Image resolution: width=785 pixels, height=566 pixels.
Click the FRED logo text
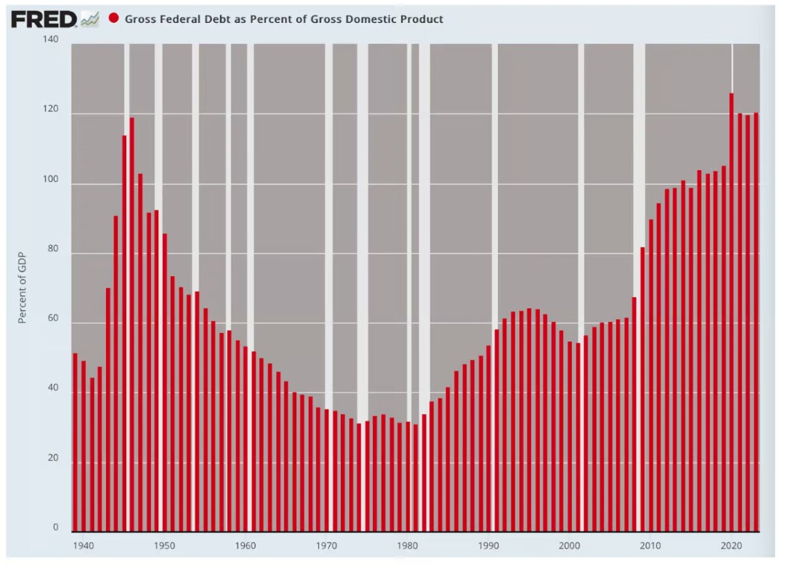tap(44, 19)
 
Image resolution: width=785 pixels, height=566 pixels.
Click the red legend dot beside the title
tap(114, 18)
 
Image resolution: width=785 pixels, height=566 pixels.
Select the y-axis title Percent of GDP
tap(22, 287)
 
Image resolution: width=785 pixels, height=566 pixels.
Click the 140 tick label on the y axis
tap(50, 39)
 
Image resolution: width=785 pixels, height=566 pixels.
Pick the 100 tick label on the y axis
tap(50, 179)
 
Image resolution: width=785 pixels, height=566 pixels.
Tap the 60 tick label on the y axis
tap(53, 318)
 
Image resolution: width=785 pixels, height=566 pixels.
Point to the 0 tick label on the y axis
tap(56, 527)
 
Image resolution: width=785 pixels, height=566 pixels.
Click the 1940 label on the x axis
tap(84, 546)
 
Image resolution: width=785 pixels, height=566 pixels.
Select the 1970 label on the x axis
tap(326, 546)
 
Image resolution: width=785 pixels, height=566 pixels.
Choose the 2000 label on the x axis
tap(570, 546)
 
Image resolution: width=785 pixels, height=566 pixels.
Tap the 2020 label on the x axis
tap(731, 546)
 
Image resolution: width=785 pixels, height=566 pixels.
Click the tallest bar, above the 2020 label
tap(731, 312)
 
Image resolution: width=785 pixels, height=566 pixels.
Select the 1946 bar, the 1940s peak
tap(131, 325)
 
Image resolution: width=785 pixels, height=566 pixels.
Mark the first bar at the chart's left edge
tap(75, 442)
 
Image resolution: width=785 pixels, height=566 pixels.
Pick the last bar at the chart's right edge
tap(756, 322)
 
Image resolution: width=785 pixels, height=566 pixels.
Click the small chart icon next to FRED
tap(90, 19)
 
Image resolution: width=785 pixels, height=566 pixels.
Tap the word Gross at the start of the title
tap(139, 19)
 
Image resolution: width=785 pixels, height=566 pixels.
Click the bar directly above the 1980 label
tap(408, 476)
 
